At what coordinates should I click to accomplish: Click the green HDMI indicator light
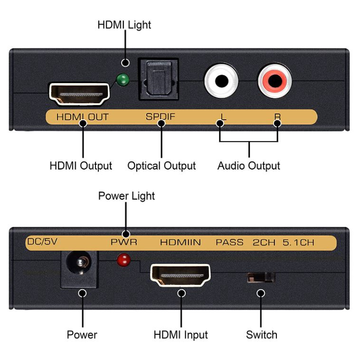123,80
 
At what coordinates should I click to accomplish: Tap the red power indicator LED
123,260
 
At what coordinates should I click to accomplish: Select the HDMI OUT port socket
79,94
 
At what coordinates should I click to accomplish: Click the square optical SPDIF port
158,79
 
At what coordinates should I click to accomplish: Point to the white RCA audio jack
221,81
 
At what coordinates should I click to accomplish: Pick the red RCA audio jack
275,81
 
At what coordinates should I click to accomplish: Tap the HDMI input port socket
180,275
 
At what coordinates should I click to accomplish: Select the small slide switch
261,277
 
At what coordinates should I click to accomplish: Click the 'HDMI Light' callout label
124,25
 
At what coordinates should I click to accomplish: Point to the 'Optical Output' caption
161,166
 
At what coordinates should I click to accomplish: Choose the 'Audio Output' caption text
249,166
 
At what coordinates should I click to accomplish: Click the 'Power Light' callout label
126,196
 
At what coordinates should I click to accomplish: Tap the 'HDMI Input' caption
180,335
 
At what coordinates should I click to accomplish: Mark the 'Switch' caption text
262,335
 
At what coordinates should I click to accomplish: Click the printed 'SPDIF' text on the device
160,117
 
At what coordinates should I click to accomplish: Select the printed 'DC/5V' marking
42,242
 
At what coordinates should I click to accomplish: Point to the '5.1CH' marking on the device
298,242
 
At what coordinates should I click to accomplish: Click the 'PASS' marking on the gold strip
229,242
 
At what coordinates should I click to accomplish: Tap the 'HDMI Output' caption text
81,166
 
